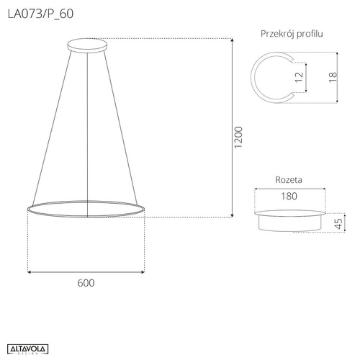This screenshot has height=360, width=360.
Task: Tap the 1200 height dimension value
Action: (x=239, y=140)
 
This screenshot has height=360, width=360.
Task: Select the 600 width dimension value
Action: (x=85, y=283)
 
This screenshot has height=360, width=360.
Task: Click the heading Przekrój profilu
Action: (x=291, y=34)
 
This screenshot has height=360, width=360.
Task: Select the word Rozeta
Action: (x=288, y=180)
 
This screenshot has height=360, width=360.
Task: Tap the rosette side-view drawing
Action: (x=289, y=220)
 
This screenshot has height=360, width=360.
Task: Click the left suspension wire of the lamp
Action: (x=52, y=122)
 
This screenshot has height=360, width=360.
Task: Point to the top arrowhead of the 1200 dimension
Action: (x=231, y=42)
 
